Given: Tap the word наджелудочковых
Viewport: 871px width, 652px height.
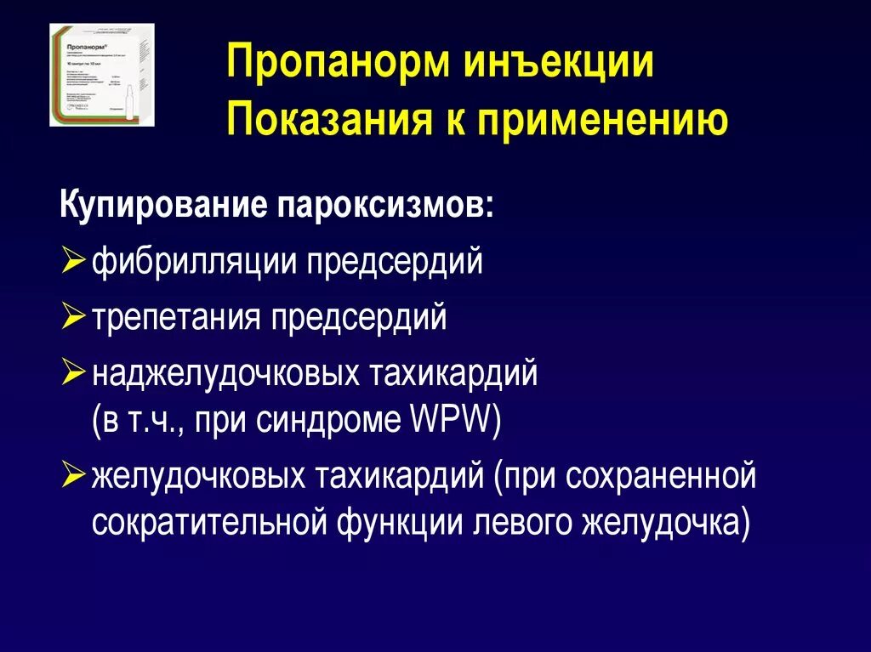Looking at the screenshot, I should click(x=224, y=374).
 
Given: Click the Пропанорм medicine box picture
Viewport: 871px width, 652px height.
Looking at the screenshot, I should click(x=102, y=76).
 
